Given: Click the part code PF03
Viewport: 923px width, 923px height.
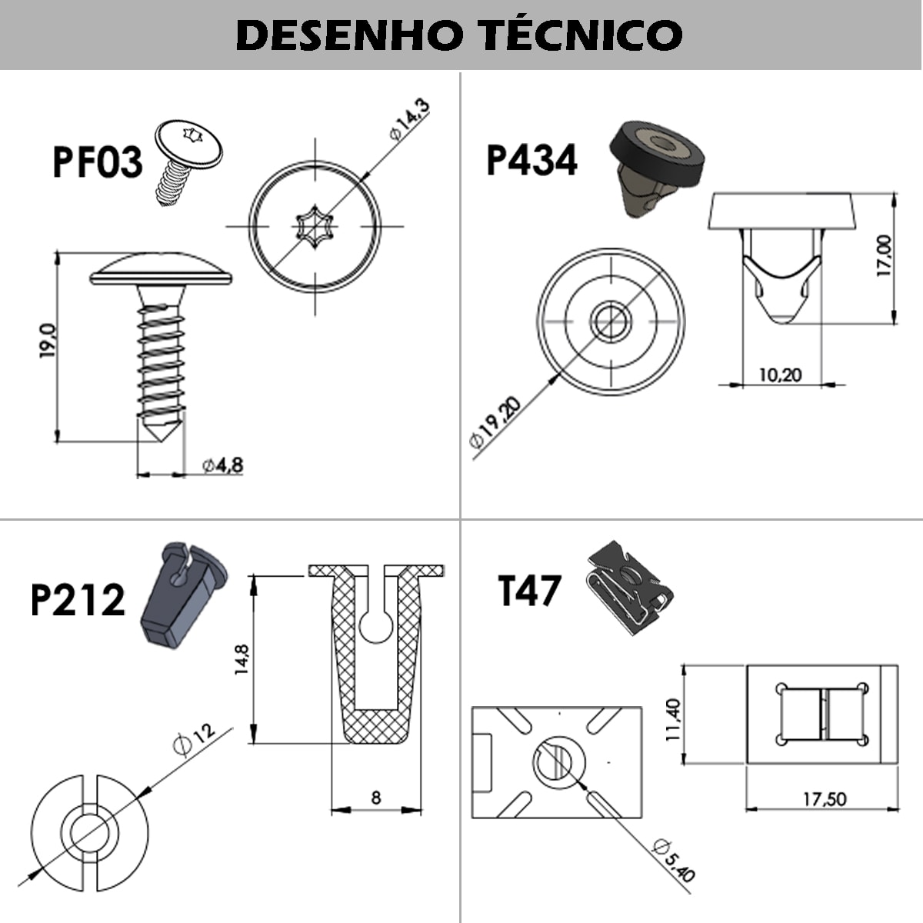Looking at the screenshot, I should click(x=98, y=162).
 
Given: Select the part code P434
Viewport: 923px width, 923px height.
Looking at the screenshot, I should click(x=531, y=161).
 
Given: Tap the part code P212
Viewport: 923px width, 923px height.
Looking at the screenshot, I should click(x=78, y=600).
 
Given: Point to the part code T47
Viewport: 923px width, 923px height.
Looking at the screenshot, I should click(x=530, y=591).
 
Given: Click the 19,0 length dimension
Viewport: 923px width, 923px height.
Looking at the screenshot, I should click(x=48, y=342).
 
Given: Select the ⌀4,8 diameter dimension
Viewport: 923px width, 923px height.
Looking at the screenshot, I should click(x=222, y=465).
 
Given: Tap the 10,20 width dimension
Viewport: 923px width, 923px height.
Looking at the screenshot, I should click(x=780, y=375).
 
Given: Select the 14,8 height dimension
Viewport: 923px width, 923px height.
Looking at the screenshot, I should click(x=242, y=659).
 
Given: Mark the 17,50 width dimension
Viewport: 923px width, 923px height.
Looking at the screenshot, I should click(x=825, y=799).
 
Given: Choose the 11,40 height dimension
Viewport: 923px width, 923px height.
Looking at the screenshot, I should click(x=674, y=720).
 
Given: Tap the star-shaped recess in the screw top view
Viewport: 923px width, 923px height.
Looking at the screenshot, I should click(x=315, y=226).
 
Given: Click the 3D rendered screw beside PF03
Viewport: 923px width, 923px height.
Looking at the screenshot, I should click(x=185, y=162).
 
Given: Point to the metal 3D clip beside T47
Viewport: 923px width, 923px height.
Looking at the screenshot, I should click(x=629, y=588).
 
